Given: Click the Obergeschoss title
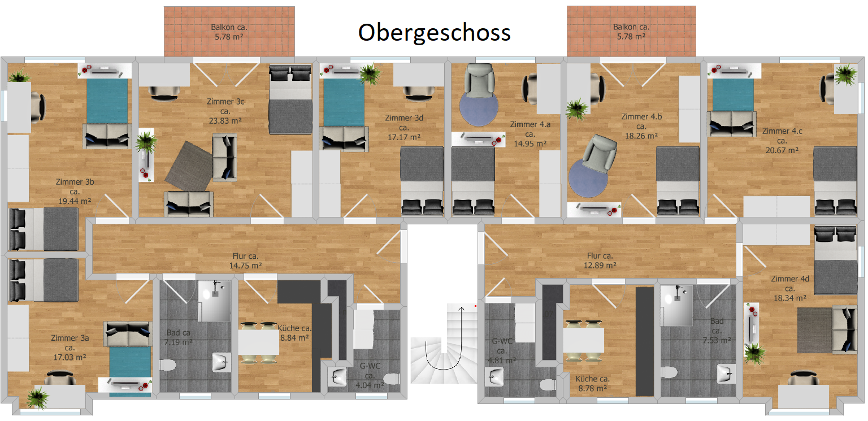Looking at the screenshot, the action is coord(435,33).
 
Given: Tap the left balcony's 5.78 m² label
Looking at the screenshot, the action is coord(229,37).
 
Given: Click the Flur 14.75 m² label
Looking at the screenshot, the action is coord(245,261).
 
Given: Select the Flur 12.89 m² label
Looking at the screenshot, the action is coord(600,261).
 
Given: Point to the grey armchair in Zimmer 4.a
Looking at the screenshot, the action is coord(479,80).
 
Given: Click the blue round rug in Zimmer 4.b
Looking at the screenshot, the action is coord(588,179).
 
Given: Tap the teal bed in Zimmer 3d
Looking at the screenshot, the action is coord(344,102).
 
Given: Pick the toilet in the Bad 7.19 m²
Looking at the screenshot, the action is coord(168,365).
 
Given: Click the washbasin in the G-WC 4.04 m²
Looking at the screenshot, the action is coord(337,376).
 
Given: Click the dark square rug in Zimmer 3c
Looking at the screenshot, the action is coord(189,166).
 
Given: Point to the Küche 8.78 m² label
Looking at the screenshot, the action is coord(592,383).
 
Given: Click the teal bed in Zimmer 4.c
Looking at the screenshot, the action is coord(733,95).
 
